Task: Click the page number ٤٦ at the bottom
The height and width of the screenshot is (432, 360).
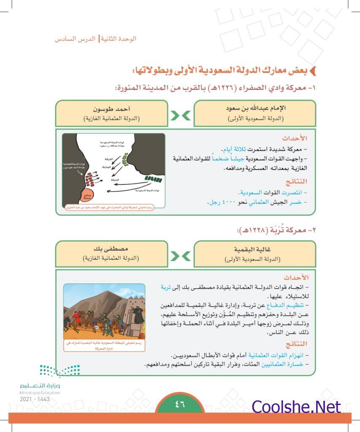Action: click(180, 405)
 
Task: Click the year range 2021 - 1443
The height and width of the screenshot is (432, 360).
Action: click(35, 399)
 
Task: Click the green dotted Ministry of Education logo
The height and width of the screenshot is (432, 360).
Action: click(59, 371)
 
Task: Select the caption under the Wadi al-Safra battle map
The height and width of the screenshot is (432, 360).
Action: click(114, 207)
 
